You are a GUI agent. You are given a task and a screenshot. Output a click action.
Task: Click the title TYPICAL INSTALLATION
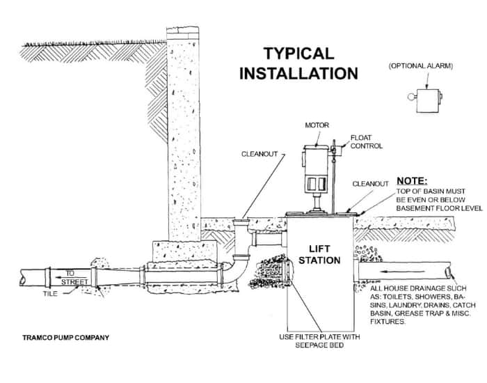(298, 62)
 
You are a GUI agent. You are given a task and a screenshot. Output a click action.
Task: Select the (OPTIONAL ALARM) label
(420, 66)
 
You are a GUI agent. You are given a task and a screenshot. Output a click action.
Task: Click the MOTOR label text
(317, 126)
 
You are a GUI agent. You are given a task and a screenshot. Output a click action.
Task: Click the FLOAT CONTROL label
(366, 142)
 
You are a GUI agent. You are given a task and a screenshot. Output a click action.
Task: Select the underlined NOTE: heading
(412, 179)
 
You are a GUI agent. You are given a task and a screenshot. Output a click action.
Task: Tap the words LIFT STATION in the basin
(324, 254)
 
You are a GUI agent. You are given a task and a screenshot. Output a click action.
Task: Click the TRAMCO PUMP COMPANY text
(65, 338)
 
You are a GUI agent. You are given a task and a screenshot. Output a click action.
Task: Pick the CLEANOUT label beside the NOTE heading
(369, 184)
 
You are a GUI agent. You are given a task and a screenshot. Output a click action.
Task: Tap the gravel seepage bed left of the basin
(268, 273)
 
